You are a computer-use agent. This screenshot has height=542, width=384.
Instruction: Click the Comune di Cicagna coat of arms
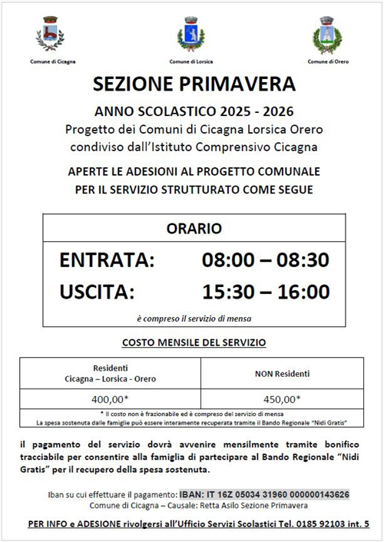coord(51,35)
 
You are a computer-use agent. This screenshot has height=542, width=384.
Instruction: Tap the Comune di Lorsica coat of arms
coord(190,35)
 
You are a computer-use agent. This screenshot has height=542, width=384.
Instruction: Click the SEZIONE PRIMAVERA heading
coord(193,83)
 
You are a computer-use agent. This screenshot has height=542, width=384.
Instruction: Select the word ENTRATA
coord(107,260)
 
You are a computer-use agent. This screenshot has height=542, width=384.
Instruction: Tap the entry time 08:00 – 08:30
coord(265,260)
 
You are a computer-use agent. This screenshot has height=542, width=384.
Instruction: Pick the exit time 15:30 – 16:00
coord(265,292)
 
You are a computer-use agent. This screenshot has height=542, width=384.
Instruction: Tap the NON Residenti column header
coord(282,374)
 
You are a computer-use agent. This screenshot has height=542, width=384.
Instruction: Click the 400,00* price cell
coord(110,399)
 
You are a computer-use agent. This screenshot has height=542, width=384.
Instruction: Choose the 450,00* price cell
coord(282,399)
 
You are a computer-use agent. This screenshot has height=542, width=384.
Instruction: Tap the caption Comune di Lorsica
coord(190,60)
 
